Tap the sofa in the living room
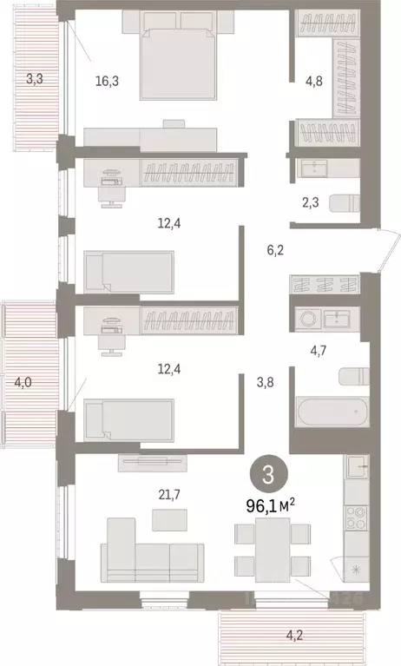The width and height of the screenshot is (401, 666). click(x=152, y=553)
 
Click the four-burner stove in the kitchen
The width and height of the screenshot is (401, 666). click(x=356, y=521)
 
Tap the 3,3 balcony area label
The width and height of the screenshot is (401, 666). click(x=34, y=79)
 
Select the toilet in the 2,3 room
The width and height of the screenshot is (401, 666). click(x=347, y=203)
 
